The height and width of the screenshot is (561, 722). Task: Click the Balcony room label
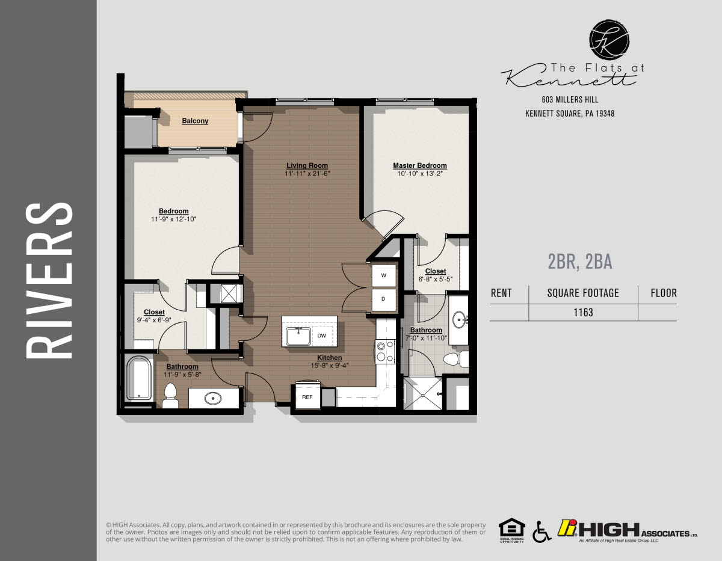(195, 121)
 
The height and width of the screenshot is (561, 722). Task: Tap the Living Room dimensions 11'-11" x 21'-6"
(307, 174)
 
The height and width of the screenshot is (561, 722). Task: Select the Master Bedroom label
(419, 165)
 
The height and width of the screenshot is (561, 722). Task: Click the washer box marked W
(384, 276)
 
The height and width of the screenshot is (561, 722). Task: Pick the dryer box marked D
(384, 299)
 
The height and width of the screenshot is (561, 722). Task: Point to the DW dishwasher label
(322, 336)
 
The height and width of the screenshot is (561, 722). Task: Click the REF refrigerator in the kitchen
(307, 397)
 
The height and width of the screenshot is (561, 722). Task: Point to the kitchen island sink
(298, 336)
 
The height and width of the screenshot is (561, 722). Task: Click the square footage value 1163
(583, 312)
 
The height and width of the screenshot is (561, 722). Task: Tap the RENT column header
(501, 293)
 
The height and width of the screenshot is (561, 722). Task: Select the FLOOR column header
(664, 293)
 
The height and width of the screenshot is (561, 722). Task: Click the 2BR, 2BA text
(579, 261)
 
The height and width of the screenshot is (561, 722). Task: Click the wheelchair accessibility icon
(541, 531)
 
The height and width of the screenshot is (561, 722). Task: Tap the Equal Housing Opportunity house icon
(512, 529)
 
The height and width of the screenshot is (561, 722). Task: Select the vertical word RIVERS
(49, 280)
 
